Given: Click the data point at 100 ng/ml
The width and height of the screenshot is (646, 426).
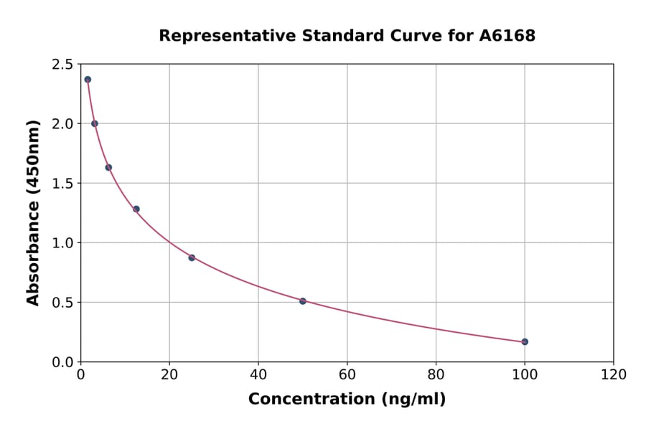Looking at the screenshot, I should [x=525, y=341].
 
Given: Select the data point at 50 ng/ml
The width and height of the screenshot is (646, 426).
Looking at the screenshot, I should [x=303, y=301].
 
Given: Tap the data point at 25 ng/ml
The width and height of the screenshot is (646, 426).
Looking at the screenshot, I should [x=192, y=257].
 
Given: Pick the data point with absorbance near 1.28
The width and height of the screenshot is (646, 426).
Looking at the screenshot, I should [x=136, y=209].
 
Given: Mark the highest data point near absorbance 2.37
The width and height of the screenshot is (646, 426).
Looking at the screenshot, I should [x=88, y=80].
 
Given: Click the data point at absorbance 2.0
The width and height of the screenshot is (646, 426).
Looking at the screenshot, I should [x=95, y=123].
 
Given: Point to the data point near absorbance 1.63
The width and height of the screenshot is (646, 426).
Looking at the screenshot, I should [x=108, y=167].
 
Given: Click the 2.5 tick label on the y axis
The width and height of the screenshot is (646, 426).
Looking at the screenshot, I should [x=62, y=65].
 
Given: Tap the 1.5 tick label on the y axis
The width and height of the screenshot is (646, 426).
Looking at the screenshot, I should [x=62, y=184].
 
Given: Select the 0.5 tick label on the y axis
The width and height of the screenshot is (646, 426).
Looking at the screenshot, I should [x=62, y=303].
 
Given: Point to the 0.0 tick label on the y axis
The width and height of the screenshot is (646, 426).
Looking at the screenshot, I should [x=62, y=362].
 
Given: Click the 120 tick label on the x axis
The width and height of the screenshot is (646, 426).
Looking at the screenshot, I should [x=613, y=374].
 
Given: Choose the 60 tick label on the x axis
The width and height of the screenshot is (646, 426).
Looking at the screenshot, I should [x=347, y=374].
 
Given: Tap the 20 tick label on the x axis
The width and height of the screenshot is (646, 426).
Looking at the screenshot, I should [x=169, y=374].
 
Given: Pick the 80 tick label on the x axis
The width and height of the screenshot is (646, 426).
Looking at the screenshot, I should [x=436, y=374].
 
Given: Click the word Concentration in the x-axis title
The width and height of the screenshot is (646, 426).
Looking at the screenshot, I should [x=312, y=399].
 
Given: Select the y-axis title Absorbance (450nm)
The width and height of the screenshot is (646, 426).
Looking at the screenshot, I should [x=33, y=213].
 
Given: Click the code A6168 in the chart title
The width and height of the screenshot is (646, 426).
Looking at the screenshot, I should [x=507, y=36].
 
